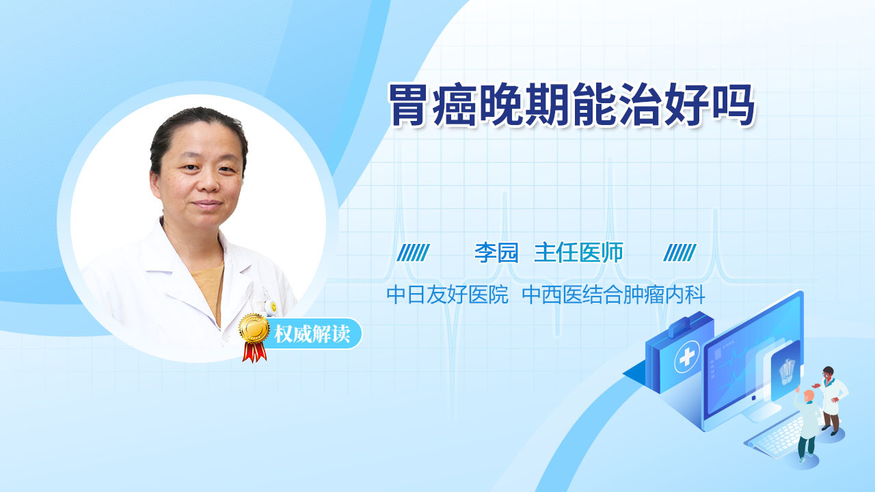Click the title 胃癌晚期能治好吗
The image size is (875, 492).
[571, 105]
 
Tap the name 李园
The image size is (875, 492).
[496, 252]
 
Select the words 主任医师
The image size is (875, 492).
[578, 252]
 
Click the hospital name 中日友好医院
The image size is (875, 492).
[447, 295]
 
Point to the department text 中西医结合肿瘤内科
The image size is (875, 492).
[613, 295]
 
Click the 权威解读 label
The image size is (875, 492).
[312, 334]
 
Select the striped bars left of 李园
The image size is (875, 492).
[413, 253]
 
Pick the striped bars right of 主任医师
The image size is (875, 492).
[679, 253]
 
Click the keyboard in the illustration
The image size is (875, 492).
[775, 438]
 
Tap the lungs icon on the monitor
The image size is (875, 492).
[786, 371]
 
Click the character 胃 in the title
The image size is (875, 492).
[409, 105]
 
